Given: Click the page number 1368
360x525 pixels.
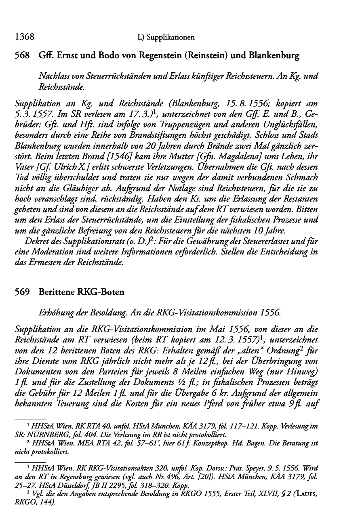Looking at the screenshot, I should tap(23, 37).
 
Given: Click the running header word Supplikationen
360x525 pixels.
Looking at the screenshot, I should tap(171, 38).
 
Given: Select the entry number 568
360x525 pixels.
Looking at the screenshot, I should tap(21, 56).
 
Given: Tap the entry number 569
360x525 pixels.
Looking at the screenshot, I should tap(21, 292).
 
